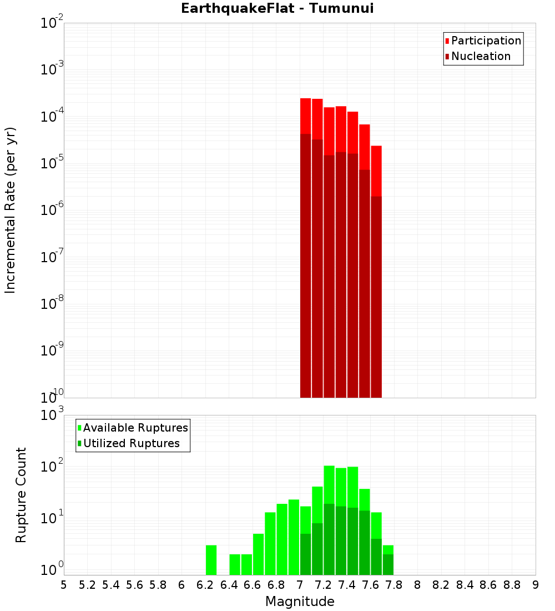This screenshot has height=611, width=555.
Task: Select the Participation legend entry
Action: (486, 41)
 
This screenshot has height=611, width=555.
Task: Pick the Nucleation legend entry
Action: (480, 56)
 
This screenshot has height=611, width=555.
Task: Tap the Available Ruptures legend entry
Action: (135, 428)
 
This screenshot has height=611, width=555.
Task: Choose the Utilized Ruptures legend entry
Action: (131, 443)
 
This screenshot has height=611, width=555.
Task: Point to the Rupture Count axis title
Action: (21, 495)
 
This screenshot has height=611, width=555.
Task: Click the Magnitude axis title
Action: (300, 602)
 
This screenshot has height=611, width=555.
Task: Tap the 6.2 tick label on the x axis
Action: (205, 585)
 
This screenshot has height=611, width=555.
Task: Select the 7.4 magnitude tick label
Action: (347, 585)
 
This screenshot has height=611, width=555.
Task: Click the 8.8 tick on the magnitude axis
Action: (512, 585)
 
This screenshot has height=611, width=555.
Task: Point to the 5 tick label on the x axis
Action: (64, 585)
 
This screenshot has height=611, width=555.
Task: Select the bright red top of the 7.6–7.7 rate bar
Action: (376, 169)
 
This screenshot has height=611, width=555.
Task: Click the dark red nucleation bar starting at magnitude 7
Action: (305, 267)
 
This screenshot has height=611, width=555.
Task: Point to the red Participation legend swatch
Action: (447, 41)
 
